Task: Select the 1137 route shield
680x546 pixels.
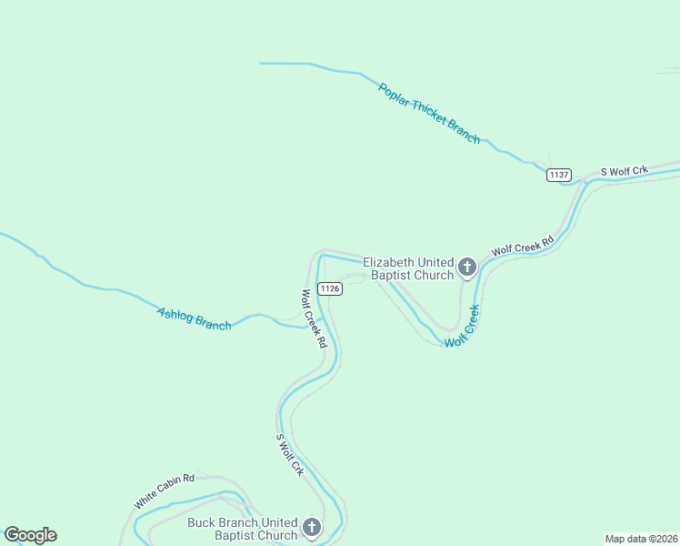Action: pos(559,175)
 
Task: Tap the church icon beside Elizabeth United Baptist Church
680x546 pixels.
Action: pos(467,267)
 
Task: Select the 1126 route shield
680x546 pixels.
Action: pos(330,288)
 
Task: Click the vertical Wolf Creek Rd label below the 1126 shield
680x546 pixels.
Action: pos(314,318)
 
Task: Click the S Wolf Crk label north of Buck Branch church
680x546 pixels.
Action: pos(290,455)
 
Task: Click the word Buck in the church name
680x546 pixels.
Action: pos(203,522)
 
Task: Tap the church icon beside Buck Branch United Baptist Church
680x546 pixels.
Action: pos(312,528)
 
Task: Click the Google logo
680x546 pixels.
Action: pos(30,535)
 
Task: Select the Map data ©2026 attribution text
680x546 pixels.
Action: pos(641,538)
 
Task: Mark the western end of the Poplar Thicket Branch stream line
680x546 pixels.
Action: pos(261,64)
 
